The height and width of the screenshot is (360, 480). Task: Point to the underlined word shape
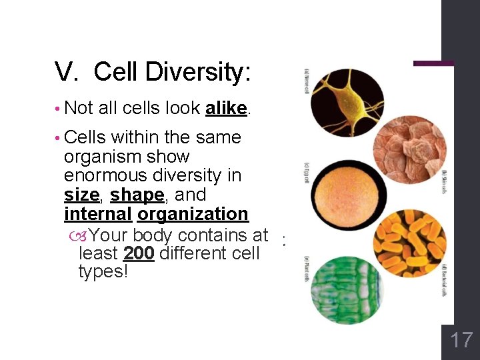137,195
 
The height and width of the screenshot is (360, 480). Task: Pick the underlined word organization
193,214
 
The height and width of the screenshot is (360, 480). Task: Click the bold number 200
139,254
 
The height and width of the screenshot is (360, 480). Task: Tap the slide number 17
461,341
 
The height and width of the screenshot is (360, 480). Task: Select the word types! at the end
103,272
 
